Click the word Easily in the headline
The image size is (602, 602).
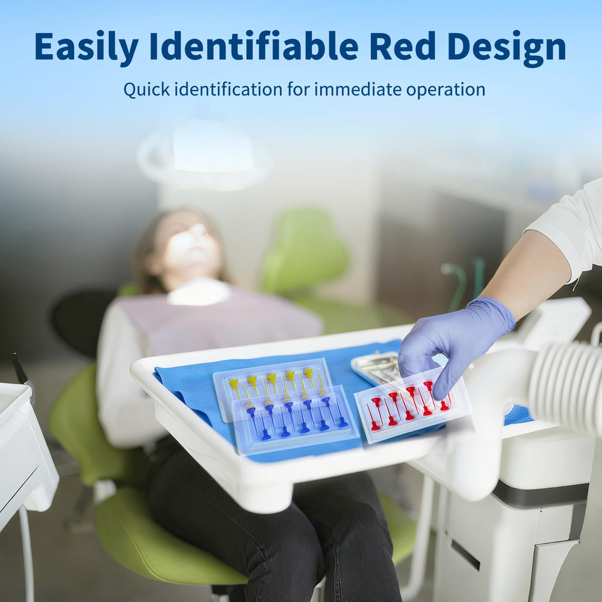click(x=86, y=46)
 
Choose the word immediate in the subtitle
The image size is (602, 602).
click(x=358, y=90)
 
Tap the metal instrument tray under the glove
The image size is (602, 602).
click(x=376, y=367)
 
